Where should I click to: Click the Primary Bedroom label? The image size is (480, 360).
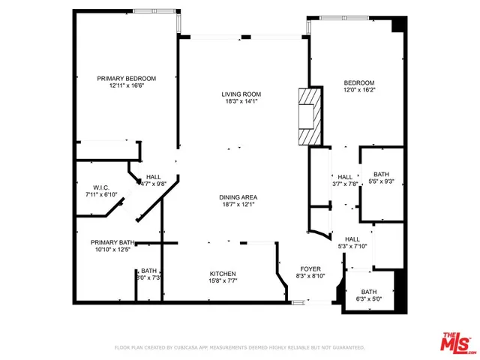[126, 79]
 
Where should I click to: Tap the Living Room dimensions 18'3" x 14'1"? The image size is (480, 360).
[239, 101]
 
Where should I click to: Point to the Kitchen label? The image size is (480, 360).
[223, 274]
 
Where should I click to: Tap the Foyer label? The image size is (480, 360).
[310, 268]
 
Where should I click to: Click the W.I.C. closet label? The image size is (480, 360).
[102, 187]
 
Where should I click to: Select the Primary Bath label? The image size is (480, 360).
[112, 242]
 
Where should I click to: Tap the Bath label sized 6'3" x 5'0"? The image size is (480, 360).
[369, 292]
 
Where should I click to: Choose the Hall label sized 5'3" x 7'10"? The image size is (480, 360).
[352, 238]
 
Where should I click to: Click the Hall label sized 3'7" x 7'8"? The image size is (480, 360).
[345, 177]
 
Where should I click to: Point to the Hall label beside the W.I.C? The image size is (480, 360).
[154, 176]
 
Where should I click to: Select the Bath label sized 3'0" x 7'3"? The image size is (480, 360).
[148, 271]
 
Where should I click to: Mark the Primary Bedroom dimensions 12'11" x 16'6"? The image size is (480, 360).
[126, 86]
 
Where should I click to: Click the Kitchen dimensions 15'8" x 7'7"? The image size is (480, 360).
[223, 281]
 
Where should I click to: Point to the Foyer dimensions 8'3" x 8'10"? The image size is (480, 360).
[310, 276]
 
